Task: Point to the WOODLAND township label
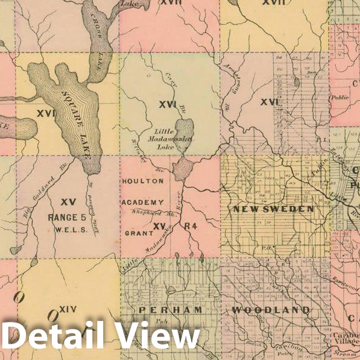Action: point(271,310)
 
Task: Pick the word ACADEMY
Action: point(142,202)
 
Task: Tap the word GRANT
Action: point(136,232)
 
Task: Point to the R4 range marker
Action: point(191,227)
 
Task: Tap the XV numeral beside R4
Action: point(159,226)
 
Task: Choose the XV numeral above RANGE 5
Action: point(68,201)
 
